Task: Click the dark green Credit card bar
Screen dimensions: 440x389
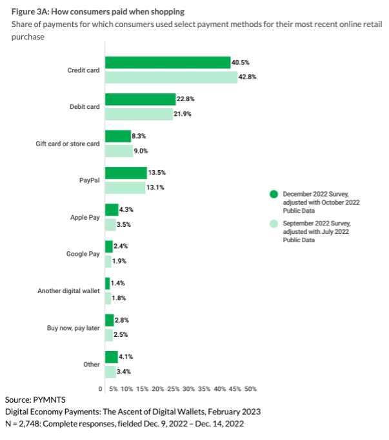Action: (168, 62)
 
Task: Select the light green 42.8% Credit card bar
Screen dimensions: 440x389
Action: (171, 77)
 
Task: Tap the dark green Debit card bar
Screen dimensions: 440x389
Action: (140, 99)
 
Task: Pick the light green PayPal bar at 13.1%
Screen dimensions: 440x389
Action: (125, 187)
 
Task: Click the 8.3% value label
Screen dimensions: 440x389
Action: (140, 137)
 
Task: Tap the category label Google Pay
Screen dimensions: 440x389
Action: (83, 254)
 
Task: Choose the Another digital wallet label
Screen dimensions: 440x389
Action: (68, 291)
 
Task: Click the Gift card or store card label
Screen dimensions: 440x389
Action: (68, 144)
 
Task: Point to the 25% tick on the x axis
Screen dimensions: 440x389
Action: (174, 389)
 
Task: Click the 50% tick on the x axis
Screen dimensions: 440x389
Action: (250, 389)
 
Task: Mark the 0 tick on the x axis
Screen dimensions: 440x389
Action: (101, 389)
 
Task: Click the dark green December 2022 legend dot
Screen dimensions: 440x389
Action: (274, 193)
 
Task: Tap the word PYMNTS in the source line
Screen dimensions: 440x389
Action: (51, 400)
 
